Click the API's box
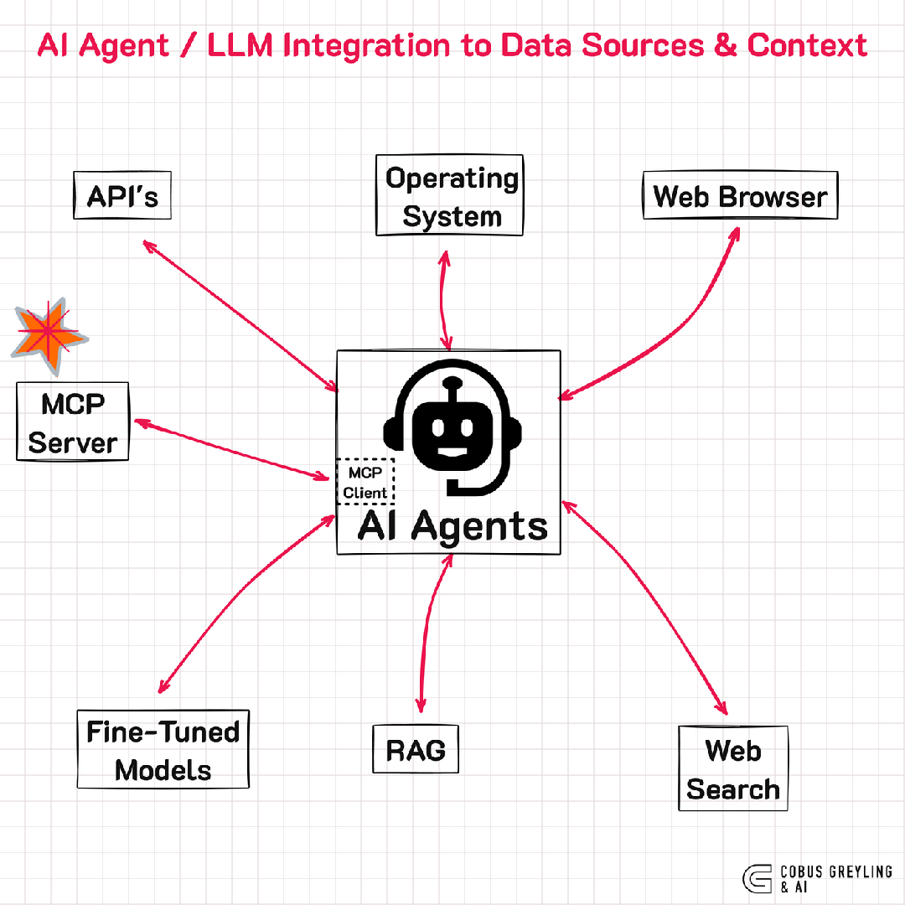click(122, 196)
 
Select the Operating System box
click(450, 196)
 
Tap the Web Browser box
click(740, 196)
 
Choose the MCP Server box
click(73, 422)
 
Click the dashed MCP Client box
click(365, 482)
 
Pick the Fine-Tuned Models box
click(163, 750)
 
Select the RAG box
click(416, 749)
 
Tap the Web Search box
click(732, 769)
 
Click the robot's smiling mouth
click(452, 453)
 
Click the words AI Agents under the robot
click(452, 526)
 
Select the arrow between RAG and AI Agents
click(428, 628)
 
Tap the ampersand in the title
click(727, 44)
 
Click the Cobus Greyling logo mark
click(758, 877)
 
